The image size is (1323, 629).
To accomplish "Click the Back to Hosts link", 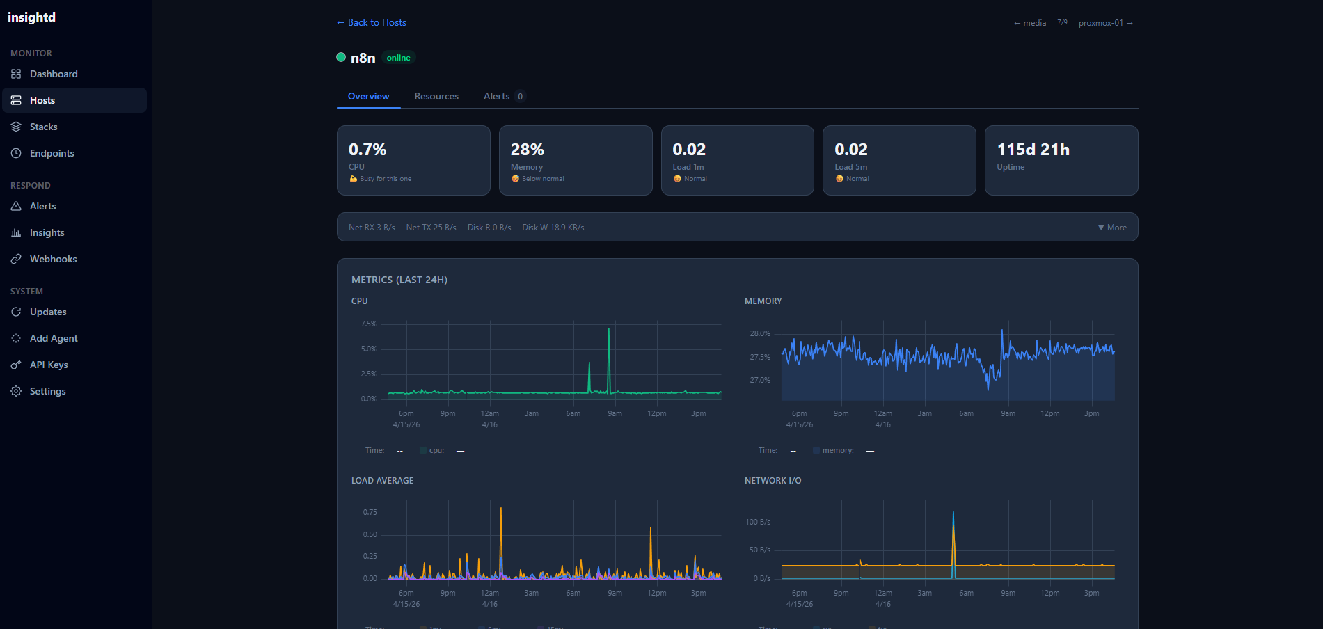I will tap(372, 22).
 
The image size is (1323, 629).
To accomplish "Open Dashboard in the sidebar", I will tap(54, 74).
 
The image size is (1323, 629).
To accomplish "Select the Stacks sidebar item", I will tap(43, 127).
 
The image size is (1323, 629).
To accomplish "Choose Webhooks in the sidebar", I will tap(53, 259).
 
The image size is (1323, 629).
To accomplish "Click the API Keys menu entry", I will tap(49, 365).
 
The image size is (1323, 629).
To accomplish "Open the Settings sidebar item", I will tap(47, 391).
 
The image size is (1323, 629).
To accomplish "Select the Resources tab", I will tap(436, 96).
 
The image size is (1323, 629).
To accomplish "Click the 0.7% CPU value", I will tap(367, 150).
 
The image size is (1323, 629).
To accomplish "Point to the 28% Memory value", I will tap(528, 150).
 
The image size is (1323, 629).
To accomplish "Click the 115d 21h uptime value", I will tap(1033, 150).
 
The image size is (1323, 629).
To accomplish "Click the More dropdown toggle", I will tap(1112, 228).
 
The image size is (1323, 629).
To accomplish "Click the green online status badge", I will tap(398, 58).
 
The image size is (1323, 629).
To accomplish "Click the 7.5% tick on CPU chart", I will tap(369, 324).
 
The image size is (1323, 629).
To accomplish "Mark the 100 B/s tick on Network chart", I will tap(757, 522).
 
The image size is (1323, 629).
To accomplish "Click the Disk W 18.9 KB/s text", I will tap(553, 228).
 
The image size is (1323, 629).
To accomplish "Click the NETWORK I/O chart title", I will tap(773, 481).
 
